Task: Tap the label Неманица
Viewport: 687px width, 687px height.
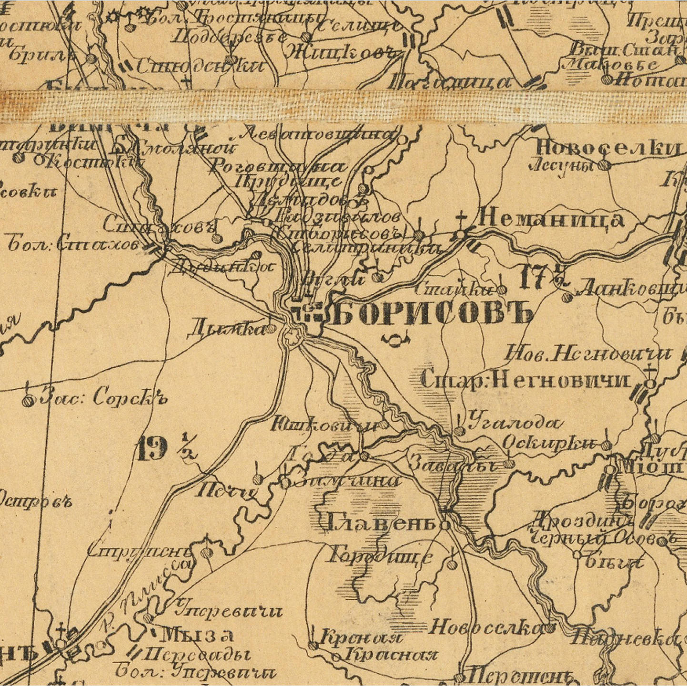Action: [x=551, y=219]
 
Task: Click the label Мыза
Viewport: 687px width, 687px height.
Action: [x=197, y=635]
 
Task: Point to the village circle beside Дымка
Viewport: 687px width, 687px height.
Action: [x=271, y=328]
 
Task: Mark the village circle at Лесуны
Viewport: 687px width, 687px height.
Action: [x=604, y=165]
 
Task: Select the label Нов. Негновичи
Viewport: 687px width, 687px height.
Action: [x=588, y=354]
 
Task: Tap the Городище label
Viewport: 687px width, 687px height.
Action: [x=381, y=556]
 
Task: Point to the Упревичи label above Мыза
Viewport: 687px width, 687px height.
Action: [x=229, y=610]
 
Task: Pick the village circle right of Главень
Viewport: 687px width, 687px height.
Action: [x=445, y=525]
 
